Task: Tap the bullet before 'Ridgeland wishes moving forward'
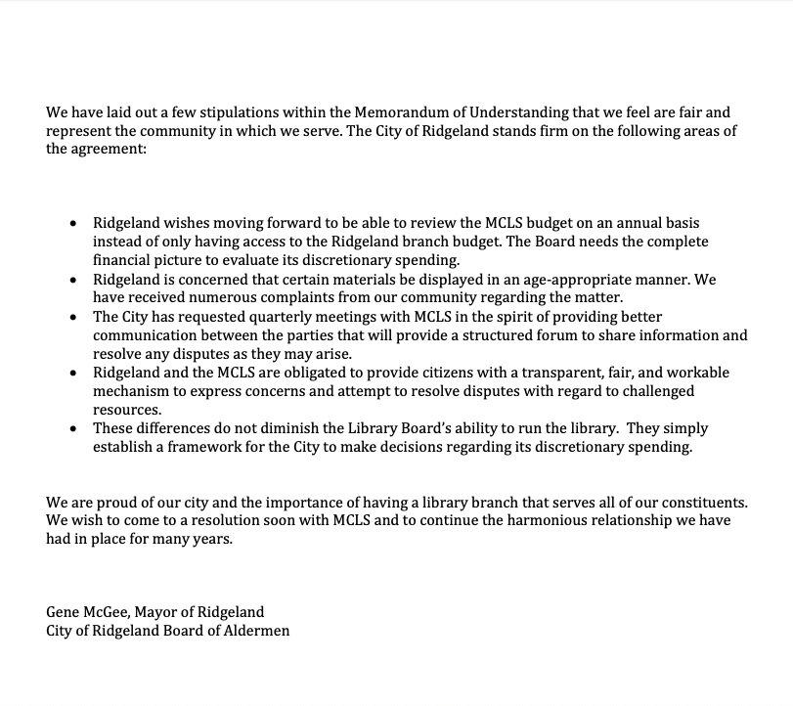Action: point(73,223)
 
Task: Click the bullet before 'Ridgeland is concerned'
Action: point(73,280)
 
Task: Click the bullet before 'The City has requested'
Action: point(73,317)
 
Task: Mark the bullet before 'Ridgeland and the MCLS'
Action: point(73,373)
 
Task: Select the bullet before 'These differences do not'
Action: point(73,429)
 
